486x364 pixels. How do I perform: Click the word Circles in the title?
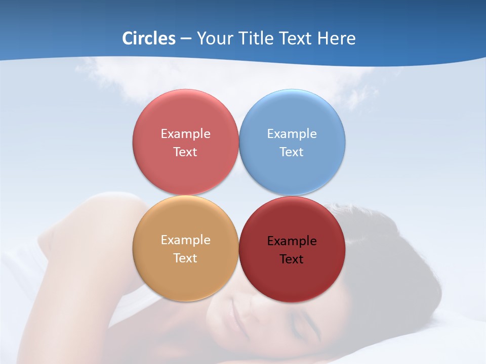149,38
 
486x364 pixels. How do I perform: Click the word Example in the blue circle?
292,134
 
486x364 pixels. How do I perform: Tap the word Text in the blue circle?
292,152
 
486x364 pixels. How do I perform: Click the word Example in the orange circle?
185,240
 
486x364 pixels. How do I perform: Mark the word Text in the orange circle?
185,258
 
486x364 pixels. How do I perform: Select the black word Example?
292,241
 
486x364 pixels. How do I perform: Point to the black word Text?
292,259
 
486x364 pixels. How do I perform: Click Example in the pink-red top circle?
185,134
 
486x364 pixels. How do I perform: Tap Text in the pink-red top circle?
185,152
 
